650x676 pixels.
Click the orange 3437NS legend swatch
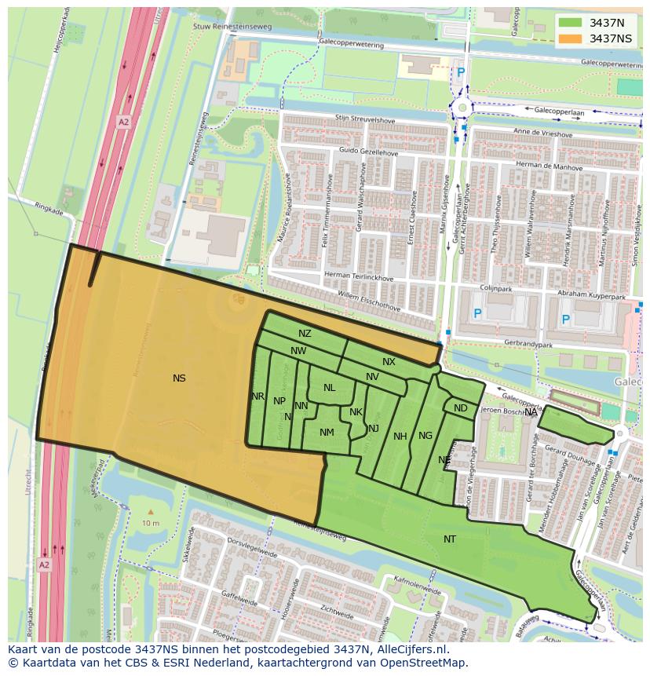[x=571, y=38]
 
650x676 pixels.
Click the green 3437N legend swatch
[x=571, y=22]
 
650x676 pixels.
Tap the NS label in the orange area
[x=179, y=378]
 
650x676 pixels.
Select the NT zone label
[x=450, y=539]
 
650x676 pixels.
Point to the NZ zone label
[x=305, y=334]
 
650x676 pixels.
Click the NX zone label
[x=389, y=362]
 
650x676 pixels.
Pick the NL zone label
[x=329, y=388]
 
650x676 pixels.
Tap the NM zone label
[x=327, y=433]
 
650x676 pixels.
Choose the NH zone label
[x=400, y=437]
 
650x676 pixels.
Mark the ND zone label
[x=461, y=408]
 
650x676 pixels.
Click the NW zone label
[x=298, y=351]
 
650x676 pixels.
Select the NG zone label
[x=425, y=436]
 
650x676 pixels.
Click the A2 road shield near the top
[x=123, y=122]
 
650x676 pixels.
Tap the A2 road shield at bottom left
[x=44, y=565]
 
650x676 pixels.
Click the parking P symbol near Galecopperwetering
[x=461, y=72]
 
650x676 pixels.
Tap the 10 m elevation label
[x=151, y=524]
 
